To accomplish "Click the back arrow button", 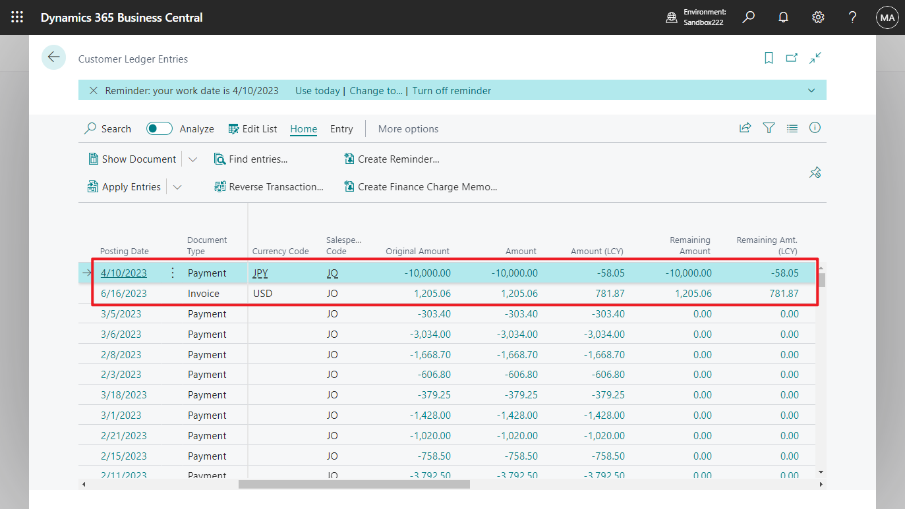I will pyautogui.click(x=53, y=57).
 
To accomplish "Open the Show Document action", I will pyautogui.click(x=132, y=159).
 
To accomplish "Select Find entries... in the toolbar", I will pyautogui.click(x=251, y=159).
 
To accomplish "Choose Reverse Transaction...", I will pyautogui.click(x=269, y=187).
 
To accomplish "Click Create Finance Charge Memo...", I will pyautogui.click(x=421, y=187).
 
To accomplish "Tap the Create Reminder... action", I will pyautogui.click(x=392, y=159).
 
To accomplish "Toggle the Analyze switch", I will pyautogui.click(x=159, y=129).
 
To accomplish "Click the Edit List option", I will pyautogui.click(x=252, y=129).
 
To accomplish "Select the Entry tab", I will pyautogui.click(x=341, y=129).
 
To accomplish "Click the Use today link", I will pyautogui.click(x=317, y=91).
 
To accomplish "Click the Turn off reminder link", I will pyautogui.click(x=452, y=91).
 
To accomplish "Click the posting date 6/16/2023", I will pyautogui.click(x=124, y=294).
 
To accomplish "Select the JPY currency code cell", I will pyautogui.click(x=260, y=273).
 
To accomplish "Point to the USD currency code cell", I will pyautogui.click(x=262, y=294).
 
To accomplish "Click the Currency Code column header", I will pyautogui.click(x=280, y=251).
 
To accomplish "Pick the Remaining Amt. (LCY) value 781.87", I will pyautogui.click(x=784, y=294).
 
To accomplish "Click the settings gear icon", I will pyautogui.click(x=818, y=17).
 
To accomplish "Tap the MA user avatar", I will pyautogui.click(x=887, y=17).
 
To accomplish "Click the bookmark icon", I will pyautogui.click(x=769, y=58).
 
